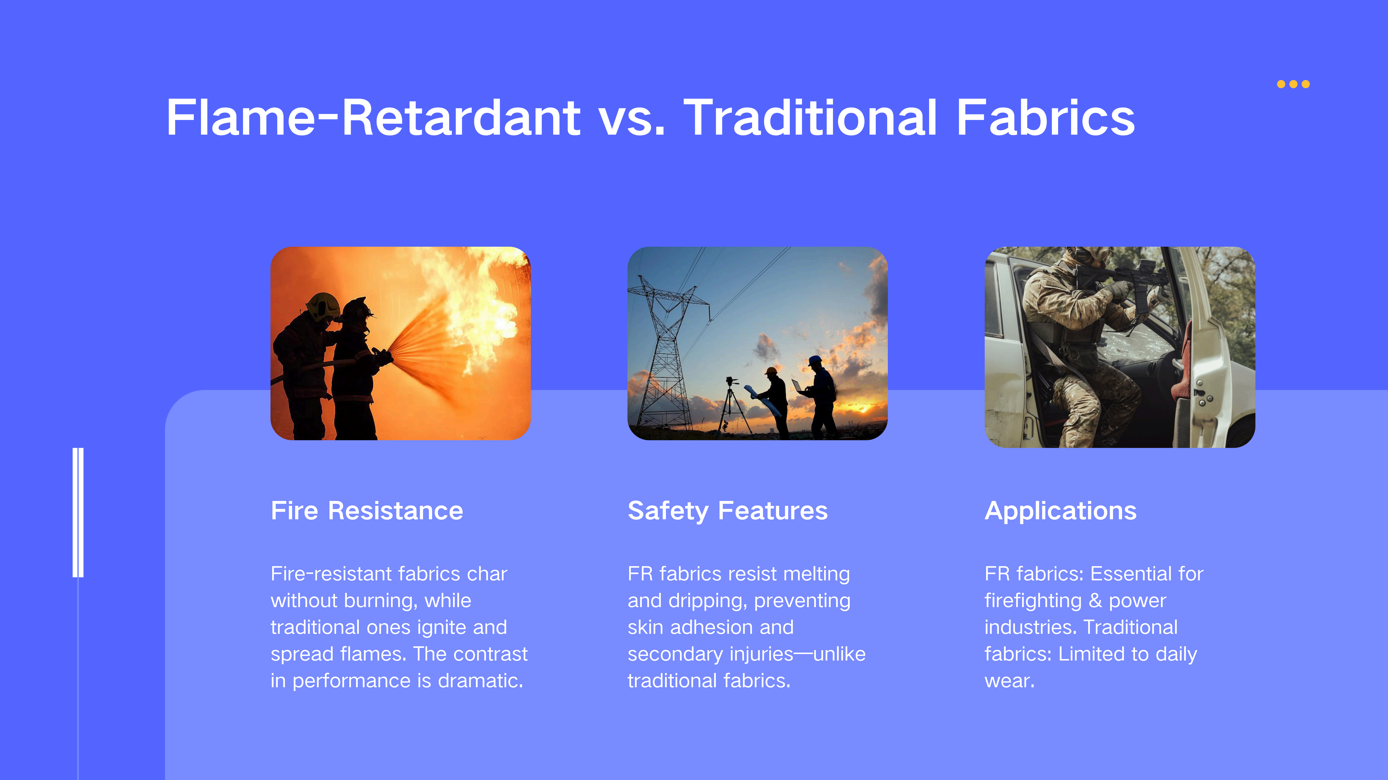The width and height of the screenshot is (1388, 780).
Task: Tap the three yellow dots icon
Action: [1293, 84]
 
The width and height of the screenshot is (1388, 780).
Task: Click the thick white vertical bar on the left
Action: [78, 512]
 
